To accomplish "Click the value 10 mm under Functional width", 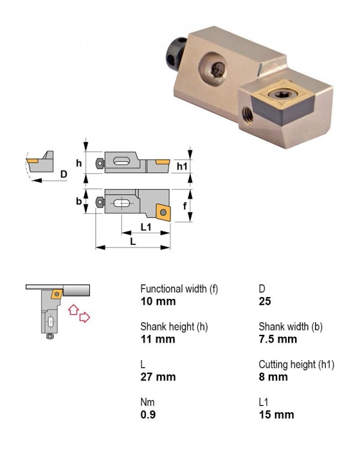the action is (158, 301).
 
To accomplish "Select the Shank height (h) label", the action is (174, 327).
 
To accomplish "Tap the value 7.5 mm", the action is (278, 339).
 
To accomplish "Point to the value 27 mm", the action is (158, 377).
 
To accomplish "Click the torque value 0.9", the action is (148, 415).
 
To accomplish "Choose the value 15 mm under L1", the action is (277, 415).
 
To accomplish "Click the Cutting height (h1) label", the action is (296, 364).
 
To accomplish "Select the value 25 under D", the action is (265, 301).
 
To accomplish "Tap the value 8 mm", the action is (273, 377).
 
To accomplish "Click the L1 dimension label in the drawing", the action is (146, 227).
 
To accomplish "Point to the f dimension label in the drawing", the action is (185, 205).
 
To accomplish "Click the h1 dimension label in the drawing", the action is (182, 166).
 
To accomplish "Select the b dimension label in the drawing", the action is (79, 201).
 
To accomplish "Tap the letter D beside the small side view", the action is (64, 174).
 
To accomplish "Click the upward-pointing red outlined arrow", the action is (73, 309).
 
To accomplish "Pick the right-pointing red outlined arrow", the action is (85, 317).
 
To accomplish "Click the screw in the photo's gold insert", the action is (278, 94).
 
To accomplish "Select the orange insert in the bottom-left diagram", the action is (57, 293).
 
